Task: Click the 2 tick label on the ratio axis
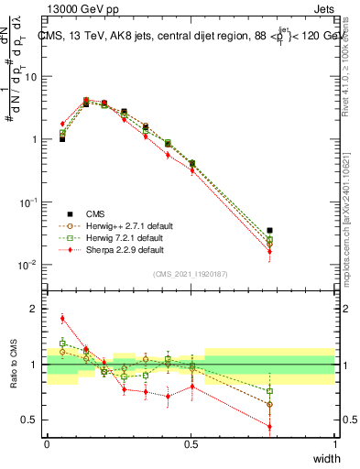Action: pyautogui.click(x=36, y=309)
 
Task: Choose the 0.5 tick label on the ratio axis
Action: pyautogui.click(x=31, y=420)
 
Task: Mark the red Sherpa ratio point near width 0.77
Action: pyautogui.click(x=269, y=426)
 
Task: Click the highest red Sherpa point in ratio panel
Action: pyautogui.click(x=62, y=319)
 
